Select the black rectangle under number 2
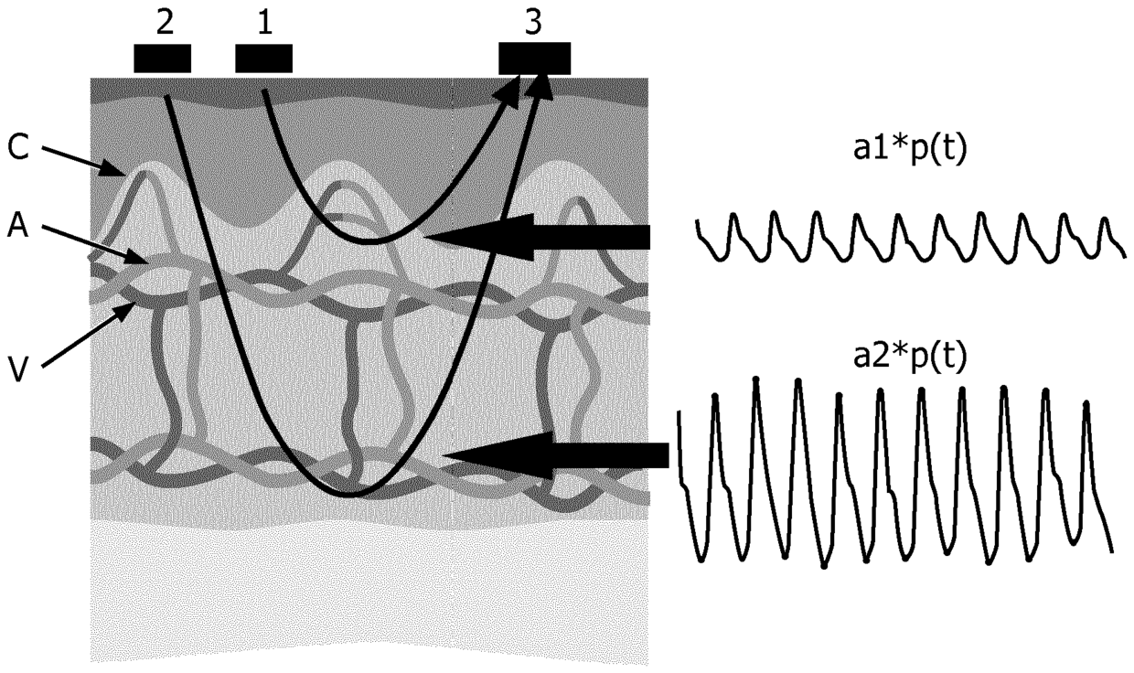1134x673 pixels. (x=163, y=58)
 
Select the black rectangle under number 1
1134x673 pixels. (x=264, y=58)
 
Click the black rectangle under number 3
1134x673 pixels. (x=534, y=59)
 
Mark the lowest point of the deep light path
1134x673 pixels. (x=352, y=495)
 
